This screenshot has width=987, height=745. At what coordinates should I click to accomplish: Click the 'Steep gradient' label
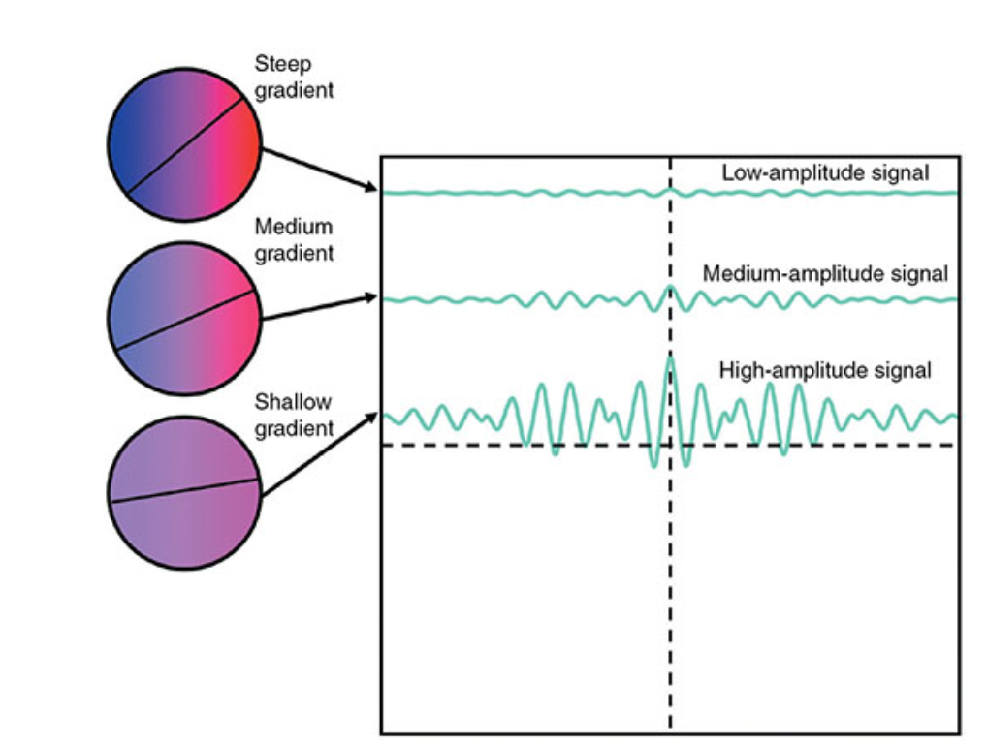click(294, 78)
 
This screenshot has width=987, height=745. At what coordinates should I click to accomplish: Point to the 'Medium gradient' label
click(294, 239)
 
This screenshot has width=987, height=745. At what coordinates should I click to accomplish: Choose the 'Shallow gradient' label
click(294, 415)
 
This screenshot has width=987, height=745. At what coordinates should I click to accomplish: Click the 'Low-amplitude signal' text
click(825, 173)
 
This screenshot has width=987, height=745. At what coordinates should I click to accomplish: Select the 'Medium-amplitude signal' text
click(825, 274)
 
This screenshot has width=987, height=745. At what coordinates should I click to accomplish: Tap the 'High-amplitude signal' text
click(825, 370)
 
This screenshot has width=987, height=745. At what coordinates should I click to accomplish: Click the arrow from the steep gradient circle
click(320, 170)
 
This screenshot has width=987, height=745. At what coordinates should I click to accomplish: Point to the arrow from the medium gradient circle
click(320, 307)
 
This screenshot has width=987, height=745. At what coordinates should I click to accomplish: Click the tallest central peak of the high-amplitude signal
click(669, 360)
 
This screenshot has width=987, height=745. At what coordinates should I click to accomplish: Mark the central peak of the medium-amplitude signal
click(669, 288)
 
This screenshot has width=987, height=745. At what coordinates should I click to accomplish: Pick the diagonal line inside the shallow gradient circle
click(184, 489)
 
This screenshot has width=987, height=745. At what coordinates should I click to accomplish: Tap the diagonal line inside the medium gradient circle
click(184, 319)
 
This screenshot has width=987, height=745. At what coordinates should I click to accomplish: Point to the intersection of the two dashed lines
click(669, 445)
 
